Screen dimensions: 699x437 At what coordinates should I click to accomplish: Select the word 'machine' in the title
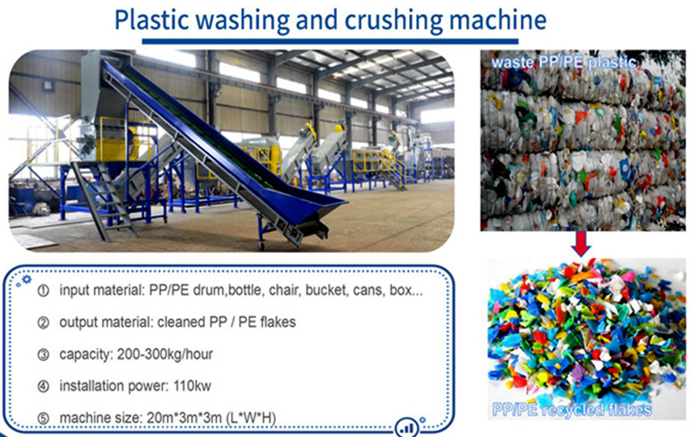coord(497,19)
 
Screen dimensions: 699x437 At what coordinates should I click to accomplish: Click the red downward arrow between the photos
coord(581,244)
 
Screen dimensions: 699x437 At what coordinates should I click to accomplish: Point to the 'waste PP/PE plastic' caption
coord(564,62)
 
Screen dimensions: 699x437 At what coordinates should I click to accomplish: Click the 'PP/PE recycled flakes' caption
coord(572,410)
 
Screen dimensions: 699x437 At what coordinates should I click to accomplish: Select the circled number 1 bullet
coord(43,291)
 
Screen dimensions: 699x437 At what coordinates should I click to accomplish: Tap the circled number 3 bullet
coord(43,355)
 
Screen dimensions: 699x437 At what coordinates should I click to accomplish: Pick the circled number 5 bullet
coord(43,419)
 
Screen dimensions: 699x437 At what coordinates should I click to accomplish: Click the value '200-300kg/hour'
coord(165,354)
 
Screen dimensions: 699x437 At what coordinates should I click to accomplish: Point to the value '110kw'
coord(192,385)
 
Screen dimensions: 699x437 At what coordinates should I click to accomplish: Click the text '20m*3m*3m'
coord(184,418)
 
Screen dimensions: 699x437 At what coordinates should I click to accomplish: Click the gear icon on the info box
coord(27,280)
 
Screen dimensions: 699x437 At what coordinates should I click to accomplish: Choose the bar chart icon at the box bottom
coord(406,428)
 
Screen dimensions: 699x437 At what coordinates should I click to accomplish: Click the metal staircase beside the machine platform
coord(104,201)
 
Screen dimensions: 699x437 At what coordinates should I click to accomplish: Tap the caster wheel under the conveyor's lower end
coord(260,246)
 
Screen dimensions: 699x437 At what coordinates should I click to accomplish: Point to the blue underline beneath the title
coord(330,41)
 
